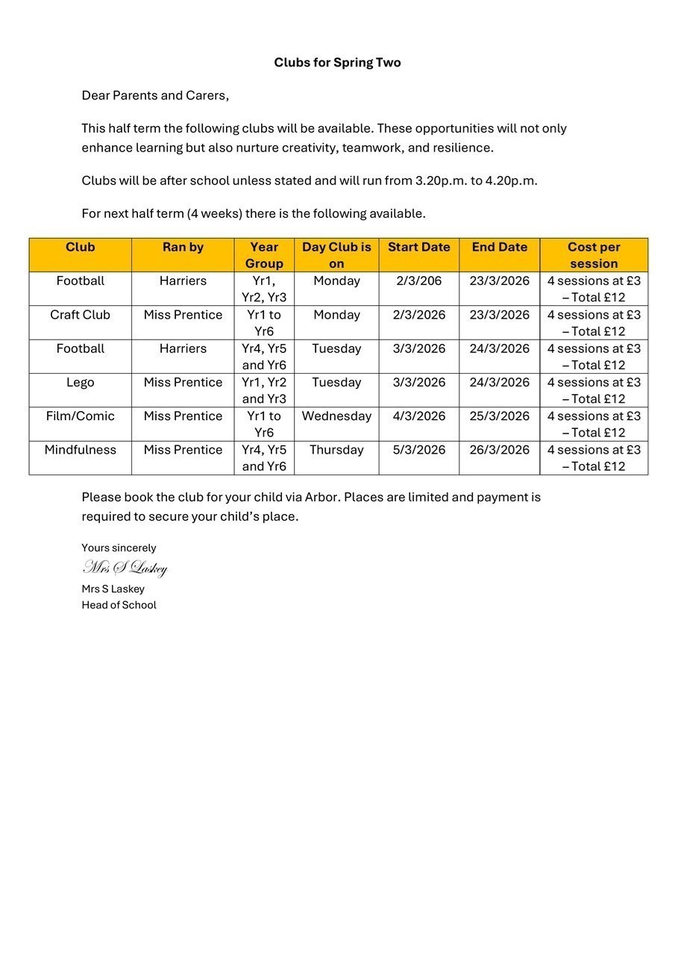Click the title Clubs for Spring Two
point(337,63)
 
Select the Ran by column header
point(183,247)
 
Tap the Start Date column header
point(418,247)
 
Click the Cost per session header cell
point(594,255)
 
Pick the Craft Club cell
point(80,315)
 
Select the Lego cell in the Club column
point(80,382)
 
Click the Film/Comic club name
point(80,416)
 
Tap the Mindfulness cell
point(80,450)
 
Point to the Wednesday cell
point(336,416)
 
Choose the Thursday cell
point(336,450)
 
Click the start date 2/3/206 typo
point(418,281)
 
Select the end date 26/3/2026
point(499,450)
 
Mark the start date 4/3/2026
point(418,416)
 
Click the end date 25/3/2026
point(499,416)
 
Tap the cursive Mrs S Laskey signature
point(125,569)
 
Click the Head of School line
point(119,605)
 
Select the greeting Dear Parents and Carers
point(155,95)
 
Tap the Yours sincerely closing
point(119,548)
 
